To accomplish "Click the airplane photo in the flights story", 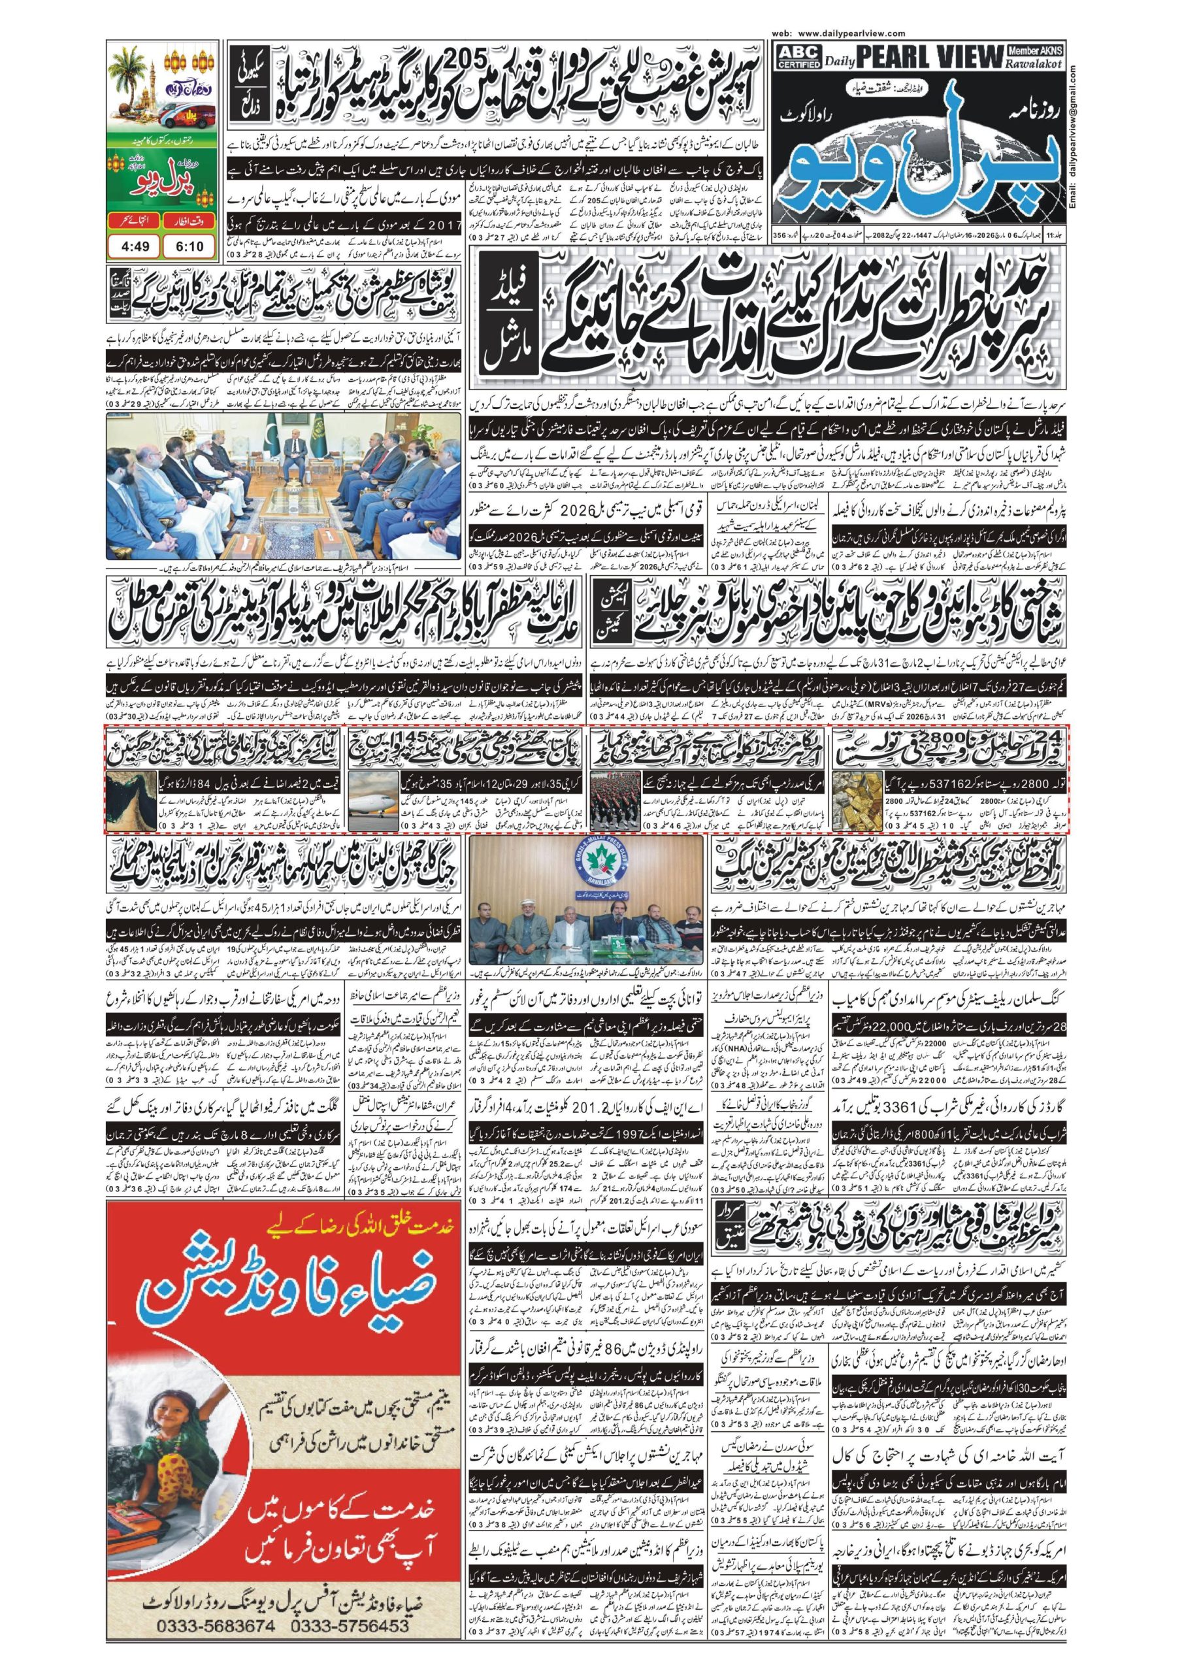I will [373, 803].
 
